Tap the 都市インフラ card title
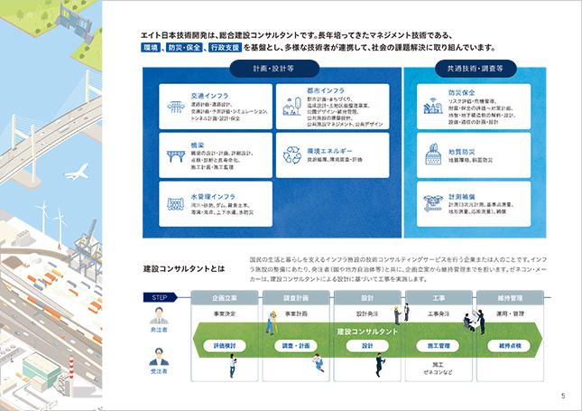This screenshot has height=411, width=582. click(x=323, y=91)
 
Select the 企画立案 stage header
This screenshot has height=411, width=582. click(x=225, y=297)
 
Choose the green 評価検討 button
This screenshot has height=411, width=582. click(x=225, y=345)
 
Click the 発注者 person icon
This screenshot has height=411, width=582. click(x=157, y=319)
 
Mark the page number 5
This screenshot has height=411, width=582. click(x=563, y=395)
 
